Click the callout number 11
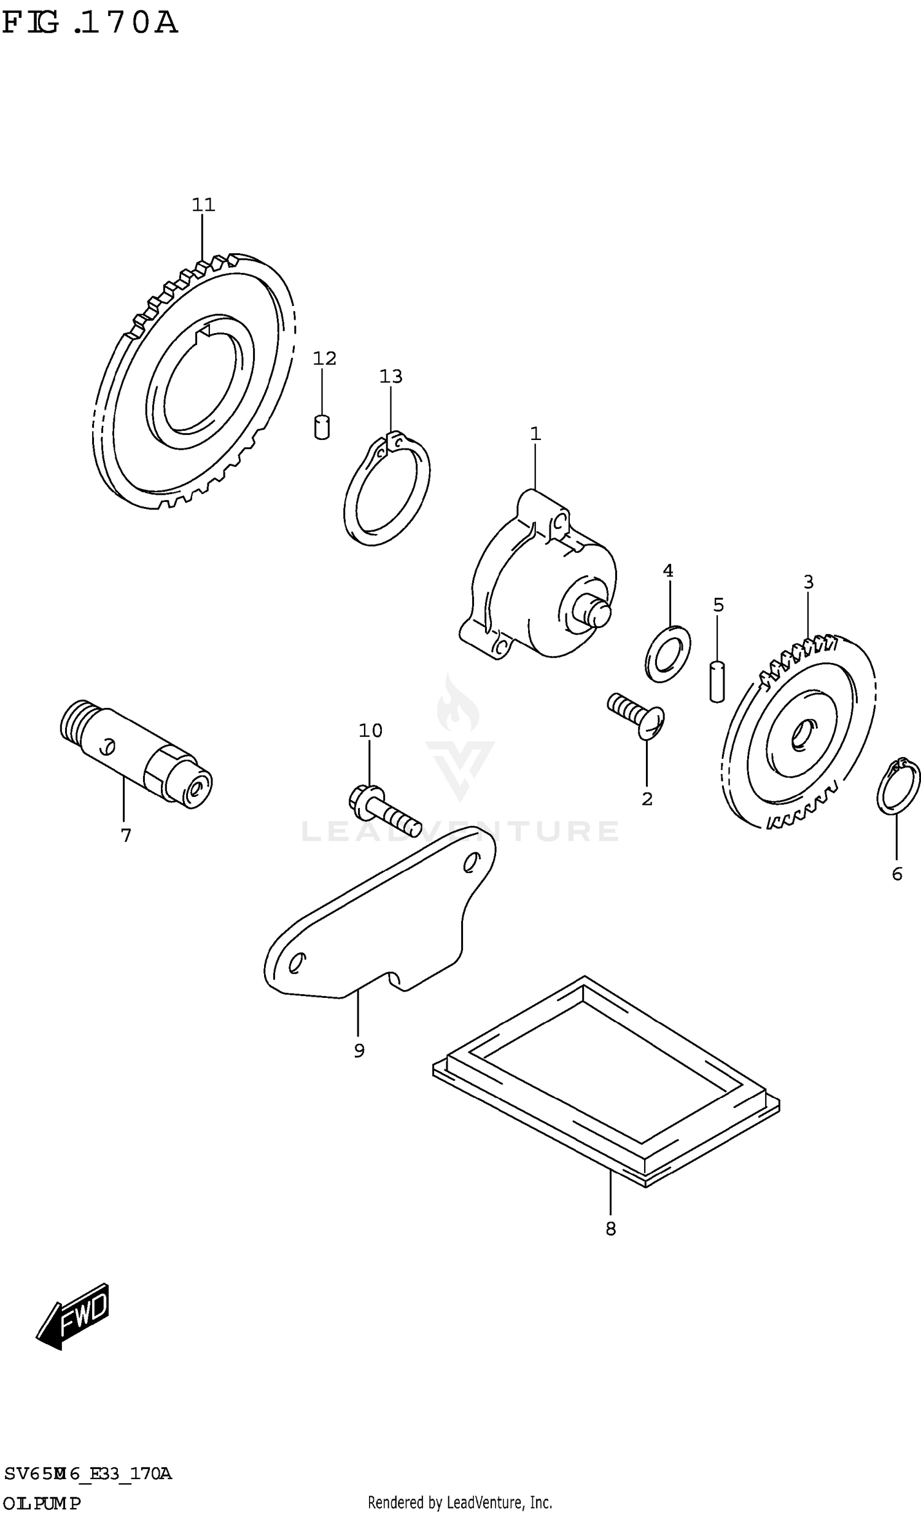[x=203, y=205]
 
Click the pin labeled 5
[x=717, y=681]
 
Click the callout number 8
[x=610, y=1229]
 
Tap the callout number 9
[x=359, y=1051]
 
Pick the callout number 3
[x=809, y=581]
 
